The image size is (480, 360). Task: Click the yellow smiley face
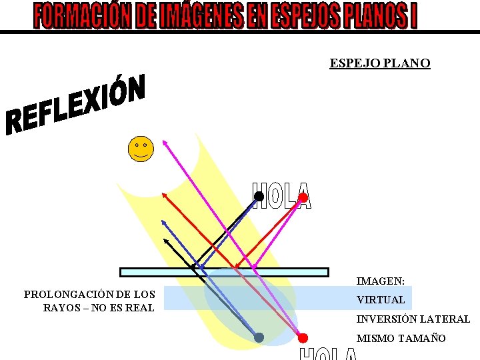point(141,149)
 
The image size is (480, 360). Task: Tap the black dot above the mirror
point(259,197)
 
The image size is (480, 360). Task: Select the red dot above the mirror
point(303,198)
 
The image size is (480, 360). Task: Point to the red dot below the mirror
point(303,337)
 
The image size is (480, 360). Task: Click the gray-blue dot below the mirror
point(259,337)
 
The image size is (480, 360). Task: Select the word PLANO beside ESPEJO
point(406,63)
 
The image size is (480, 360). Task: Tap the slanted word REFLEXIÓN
point(75,106)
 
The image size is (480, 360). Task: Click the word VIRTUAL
point(381,300)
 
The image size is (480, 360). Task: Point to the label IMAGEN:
point(381,282)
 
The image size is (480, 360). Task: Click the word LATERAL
point(445,319)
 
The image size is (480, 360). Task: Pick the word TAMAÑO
point(422,339)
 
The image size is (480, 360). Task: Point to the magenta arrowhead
point(165,142)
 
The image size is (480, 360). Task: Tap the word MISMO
point(375,339)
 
